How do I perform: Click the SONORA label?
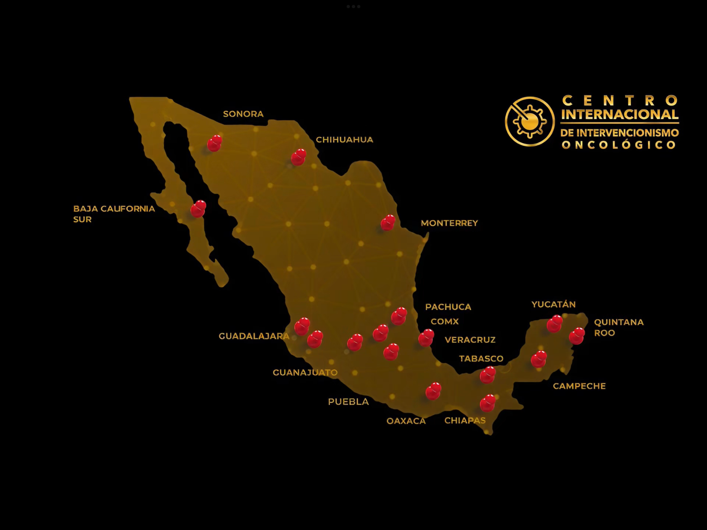243,114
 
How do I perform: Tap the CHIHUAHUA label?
344,140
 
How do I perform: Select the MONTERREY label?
449,223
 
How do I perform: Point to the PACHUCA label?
448,307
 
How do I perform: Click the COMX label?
444,322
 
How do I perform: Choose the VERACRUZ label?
470,340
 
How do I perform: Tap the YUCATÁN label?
553,305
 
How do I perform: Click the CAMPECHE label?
579,386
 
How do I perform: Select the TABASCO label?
481,359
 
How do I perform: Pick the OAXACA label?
406,421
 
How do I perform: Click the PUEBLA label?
348,402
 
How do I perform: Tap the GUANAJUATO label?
305,373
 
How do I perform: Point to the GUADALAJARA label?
254,336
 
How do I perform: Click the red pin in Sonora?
214,144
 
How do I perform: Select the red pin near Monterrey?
388,223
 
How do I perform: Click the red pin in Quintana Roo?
577,336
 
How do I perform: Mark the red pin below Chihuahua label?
299,157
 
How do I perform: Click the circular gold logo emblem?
530,121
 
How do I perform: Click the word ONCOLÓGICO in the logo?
619,145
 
